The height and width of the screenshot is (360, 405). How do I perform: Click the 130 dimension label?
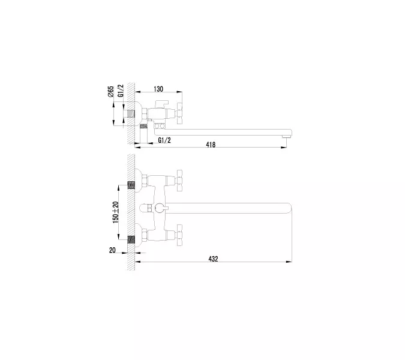click(158, 89)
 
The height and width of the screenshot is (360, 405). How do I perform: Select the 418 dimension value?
click(211, 145)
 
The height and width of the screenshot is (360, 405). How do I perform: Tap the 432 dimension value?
click(213, 259)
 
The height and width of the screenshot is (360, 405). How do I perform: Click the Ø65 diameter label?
click(112, 93)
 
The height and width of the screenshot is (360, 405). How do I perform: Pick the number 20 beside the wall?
click(112, 251)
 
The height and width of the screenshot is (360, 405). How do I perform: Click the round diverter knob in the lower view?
click(157, 208)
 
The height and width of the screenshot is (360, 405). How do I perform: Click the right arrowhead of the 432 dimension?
click(290, 262)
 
